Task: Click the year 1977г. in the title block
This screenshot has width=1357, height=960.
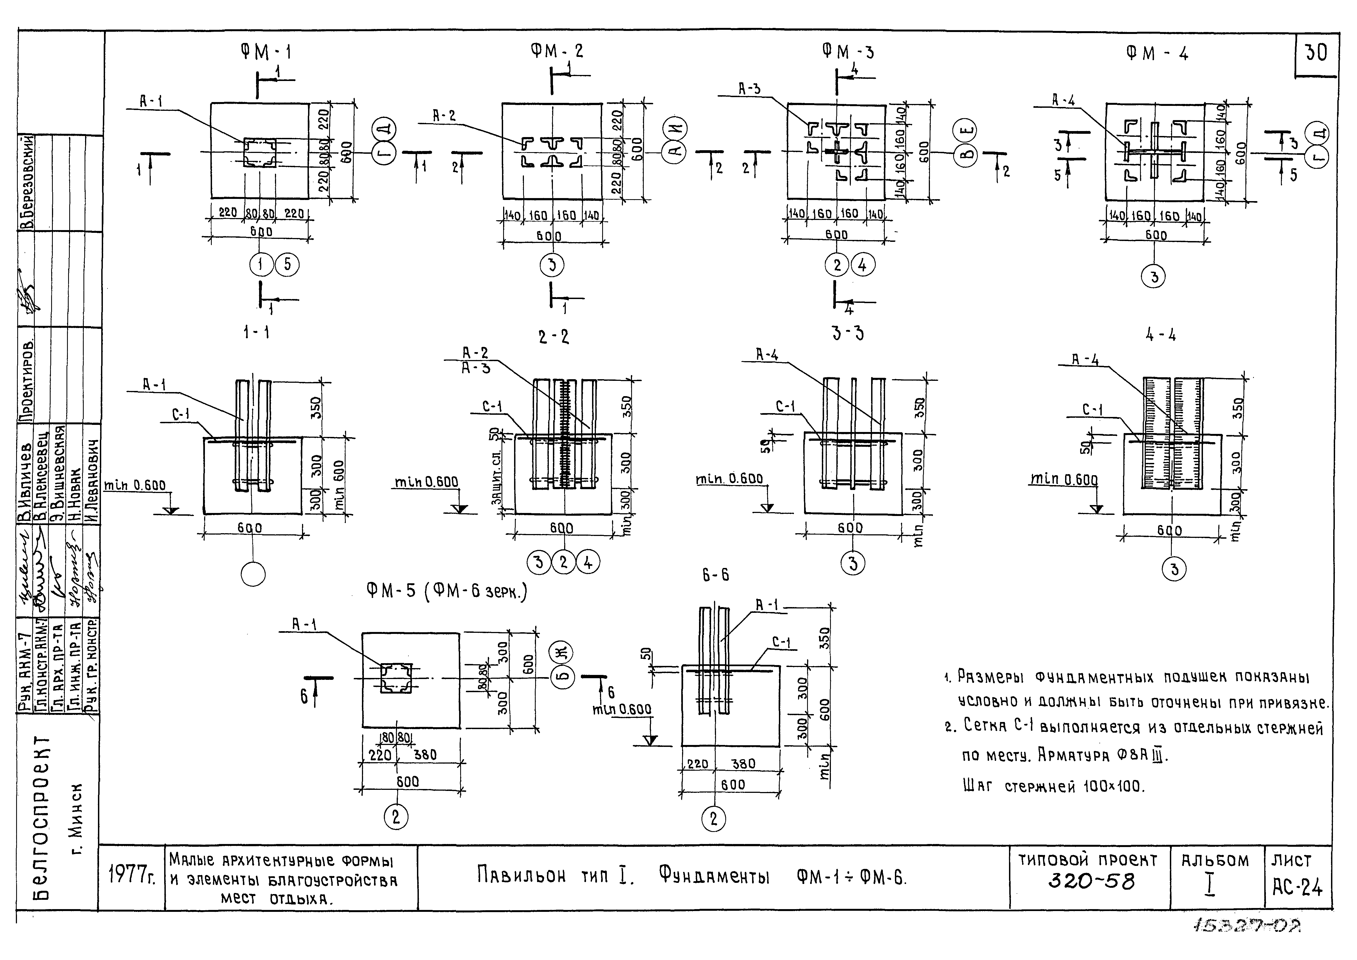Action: tap(132, 876)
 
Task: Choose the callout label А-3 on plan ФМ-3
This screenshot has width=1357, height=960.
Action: tap(749, 89)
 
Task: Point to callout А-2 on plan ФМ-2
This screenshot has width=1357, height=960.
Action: tap(445, 116)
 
